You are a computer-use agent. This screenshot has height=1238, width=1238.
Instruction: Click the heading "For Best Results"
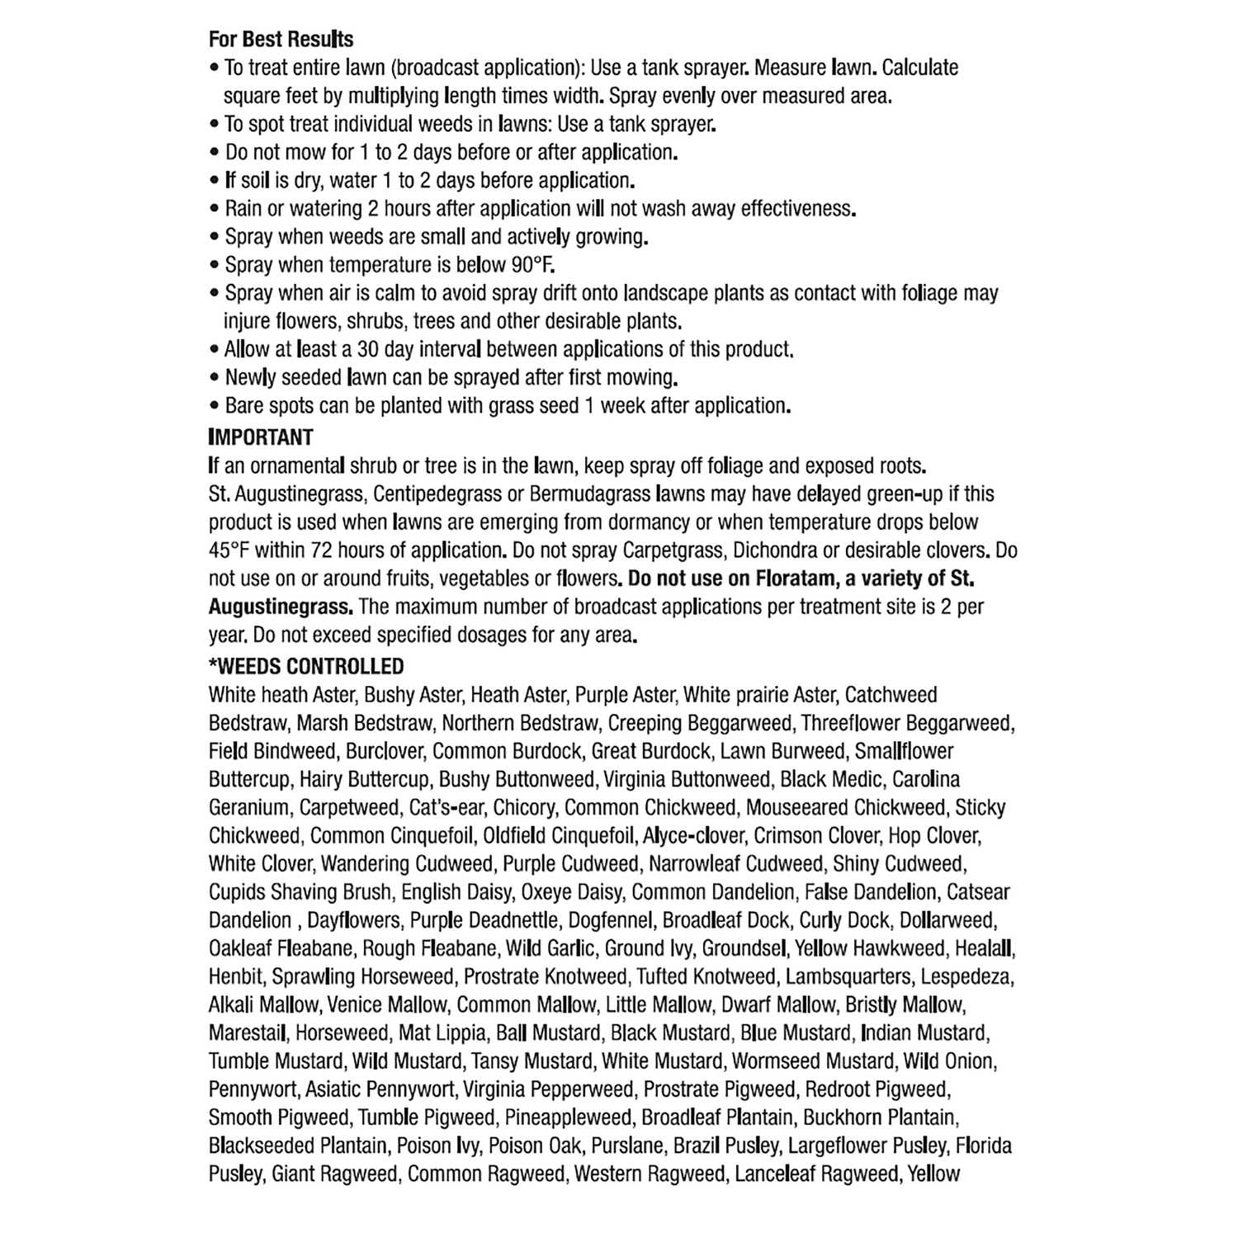click(x=281, y=39)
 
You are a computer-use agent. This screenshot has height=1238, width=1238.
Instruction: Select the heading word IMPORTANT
click(x=261, y=437)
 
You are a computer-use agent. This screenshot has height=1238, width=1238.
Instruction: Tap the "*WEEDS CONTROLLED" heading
click(x=306, y=666)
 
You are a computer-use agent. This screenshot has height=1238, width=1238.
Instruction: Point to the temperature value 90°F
click(x=533, y=265)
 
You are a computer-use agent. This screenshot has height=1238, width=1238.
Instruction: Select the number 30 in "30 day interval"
click(x=368, y=349)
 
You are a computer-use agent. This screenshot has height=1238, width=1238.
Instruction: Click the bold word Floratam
click(x=796, y=579)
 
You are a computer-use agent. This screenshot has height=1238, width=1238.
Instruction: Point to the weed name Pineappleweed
click(x=568, y=1118)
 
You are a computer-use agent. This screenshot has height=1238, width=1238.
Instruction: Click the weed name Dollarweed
click(x=947, y=920)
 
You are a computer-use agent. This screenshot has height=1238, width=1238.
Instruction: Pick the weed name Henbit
click(x=235, y=977)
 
